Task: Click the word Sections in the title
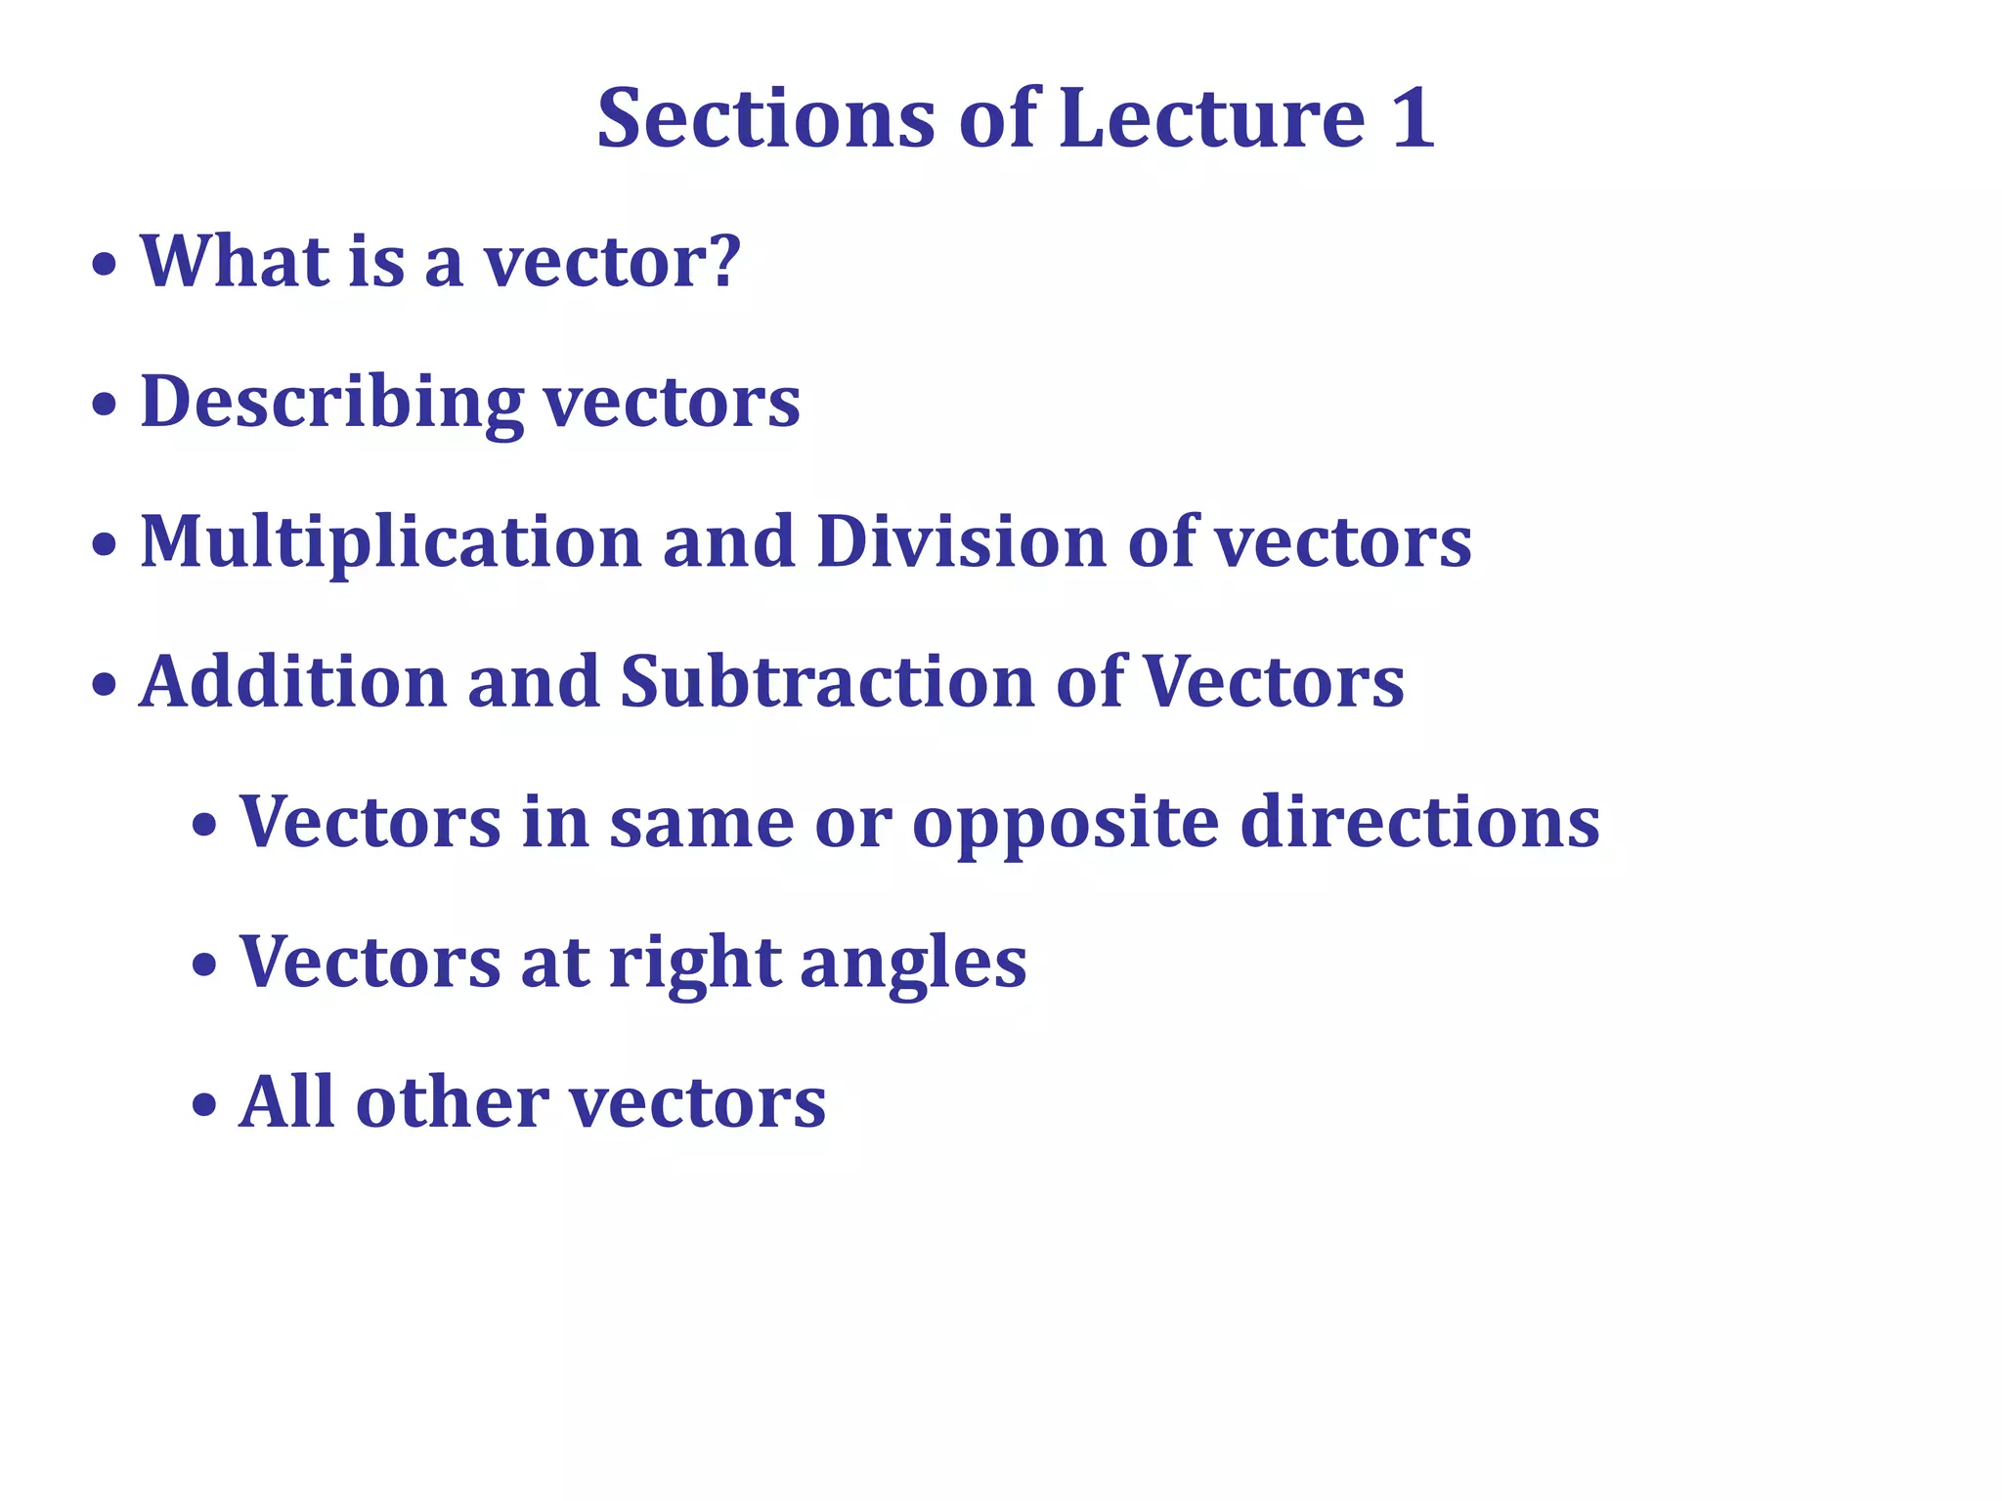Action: point(766,118)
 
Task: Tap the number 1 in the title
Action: point(1414,118)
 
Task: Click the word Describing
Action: point(332,402)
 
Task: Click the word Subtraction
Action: point(827,681)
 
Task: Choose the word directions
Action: point(1419,822)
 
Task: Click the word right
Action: point(694,965)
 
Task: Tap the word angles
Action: point(913,965)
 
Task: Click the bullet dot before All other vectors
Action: point(204,1106)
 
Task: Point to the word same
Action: point(701,824)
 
